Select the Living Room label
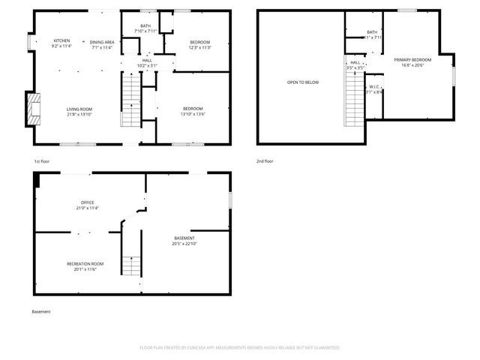[x=79, y=112]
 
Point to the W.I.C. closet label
[x=373, y=89]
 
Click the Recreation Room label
[x=85, y=265]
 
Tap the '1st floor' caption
[x=42, y=161]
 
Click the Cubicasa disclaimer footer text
[x=240, y=347]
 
